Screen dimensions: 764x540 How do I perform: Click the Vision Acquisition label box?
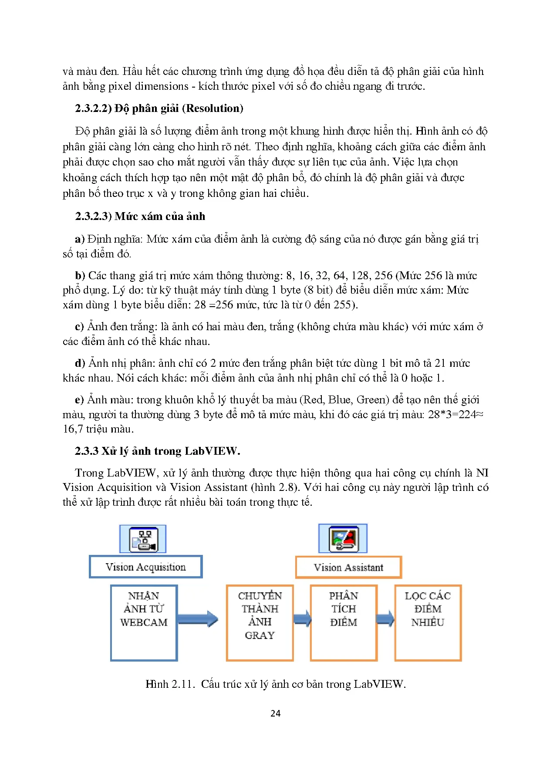[x=145, y=567]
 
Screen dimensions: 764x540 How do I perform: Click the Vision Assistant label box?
[x=348, y=567]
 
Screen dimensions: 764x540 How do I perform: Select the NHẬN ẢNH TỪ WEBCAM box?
[x=144, y=622]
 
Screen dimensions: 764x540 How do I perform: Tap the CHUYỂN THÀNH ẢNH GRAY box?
[x=260, y=622]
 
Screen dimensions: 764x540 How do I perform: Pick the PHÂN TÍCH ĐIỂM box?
[x=344, y=622]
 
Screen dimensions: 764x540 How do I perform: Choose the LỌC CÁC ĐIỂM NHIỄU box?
[x=428, y=622]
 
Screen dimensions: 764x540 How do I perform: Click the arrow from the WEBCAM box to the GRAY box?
[x=198, y=619]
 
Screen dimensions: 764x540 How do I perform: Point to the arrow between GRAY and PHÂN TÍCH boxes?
[x=302, y=619]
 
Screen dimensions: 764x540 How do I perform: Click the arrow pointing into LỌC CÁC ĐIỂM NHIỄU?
[x=385, y=619]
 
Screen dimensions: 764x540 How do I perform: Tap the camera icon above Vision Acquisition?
[x=143, y=539]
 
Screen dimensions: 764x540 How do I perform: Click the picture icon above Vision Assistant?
[x=343, y=539]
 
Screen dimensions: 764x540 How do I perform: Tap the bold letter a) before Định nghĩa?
[x=80, y=239]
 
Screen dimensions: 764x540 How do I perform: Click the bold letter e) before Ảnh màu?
[x=79, y=400]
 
